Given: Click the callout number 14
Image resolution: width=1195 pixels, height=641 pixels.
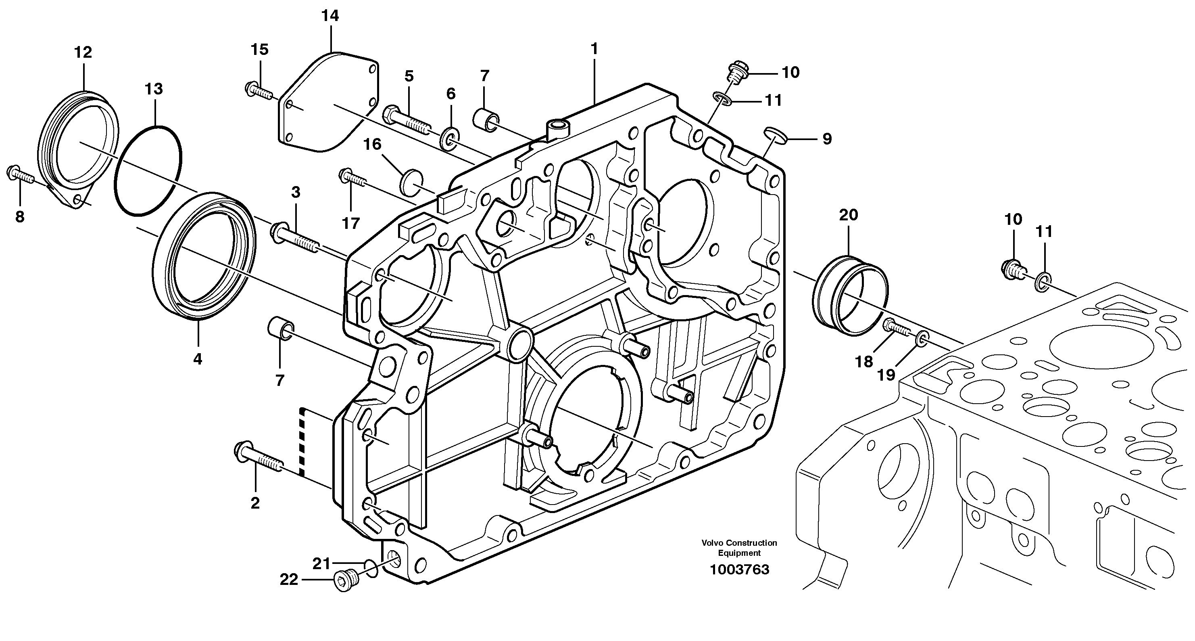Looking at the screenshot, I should pyautogui.click(x=330, y=16).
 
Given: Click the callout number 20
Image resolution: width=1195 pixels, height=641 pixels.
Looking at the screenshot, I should pyautogui.click(x=849, y=215).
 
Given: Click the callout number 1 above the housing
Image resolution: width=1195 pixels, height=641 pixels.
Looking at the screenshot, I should pyautogui.click(x=594, y=49).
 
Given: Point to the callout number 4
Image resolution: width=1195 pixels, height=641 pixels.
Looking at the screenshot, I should pyautogui.click(x=198, y=359).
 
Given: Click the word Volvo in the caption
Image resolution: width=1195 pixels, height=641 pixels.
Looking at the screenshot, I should pyautogui.click(x=713, y=543).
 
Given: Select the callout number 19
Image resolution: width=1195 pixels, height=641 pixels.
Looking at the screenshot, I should pyautogui.click(x=886, y=374).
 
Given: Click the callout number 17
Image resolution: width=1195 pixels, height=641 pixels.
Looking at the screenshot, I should pyautogui.click(x=351, y=223).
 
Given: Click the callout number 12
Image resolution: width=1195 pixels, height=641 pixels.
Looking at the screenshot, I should pyautogui.click(x=83, y=52).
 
